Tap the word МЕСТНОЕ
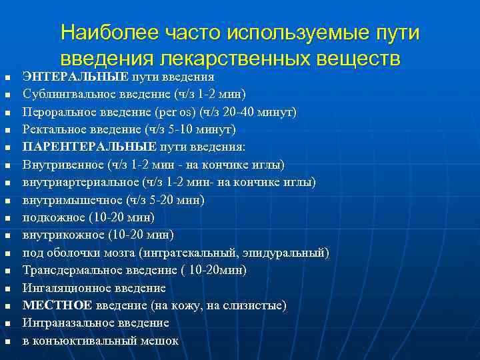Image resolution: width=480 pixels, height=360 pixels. [x=56, y=305]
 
